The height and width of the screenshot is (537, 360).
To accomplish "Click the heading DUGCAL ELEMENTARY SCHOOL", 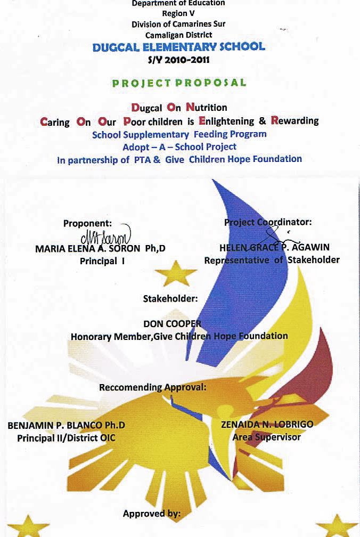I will point(178,47).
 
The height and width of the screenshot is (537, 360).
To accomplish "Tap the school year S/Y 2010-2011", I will point(178,60).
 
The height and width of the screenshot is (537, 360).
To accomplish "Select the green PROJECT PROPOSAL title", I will point(179,83).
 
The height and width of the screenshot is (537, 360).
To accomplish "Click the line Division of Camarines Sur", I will point(178,24).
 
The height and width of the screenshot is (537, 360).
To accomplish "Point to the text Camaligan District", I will point(178,35).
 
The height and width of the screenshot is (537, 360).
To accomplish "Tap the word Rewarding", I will point(294,120).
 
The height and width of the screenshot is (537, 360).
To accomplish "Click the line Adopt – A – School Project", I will point(179,147).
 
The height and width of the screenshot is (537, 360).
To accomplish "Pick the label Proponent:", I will point(88,224).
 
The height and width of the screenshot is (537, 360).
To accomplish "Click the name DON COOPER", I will point(172,323).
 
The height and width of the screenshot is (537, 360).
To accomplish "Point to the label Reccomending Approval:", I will point(152,387).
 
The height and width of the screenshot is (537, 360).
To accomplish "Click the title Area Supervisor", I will point(266,437).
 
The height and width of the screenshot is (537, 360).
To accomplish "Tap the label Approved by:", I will point(152,514).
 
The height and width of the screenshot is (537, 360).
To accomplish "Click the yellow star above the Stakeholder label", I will point(176,273).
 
